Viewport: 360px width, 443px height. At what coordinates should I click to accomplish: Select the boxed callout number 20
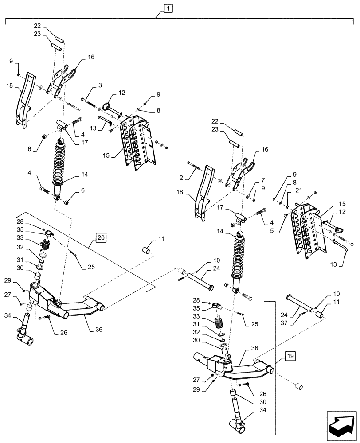(x=101, y=238)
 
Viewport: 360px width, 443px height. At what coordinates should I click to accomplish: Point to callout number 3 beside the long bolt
(x=100, y=85)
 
